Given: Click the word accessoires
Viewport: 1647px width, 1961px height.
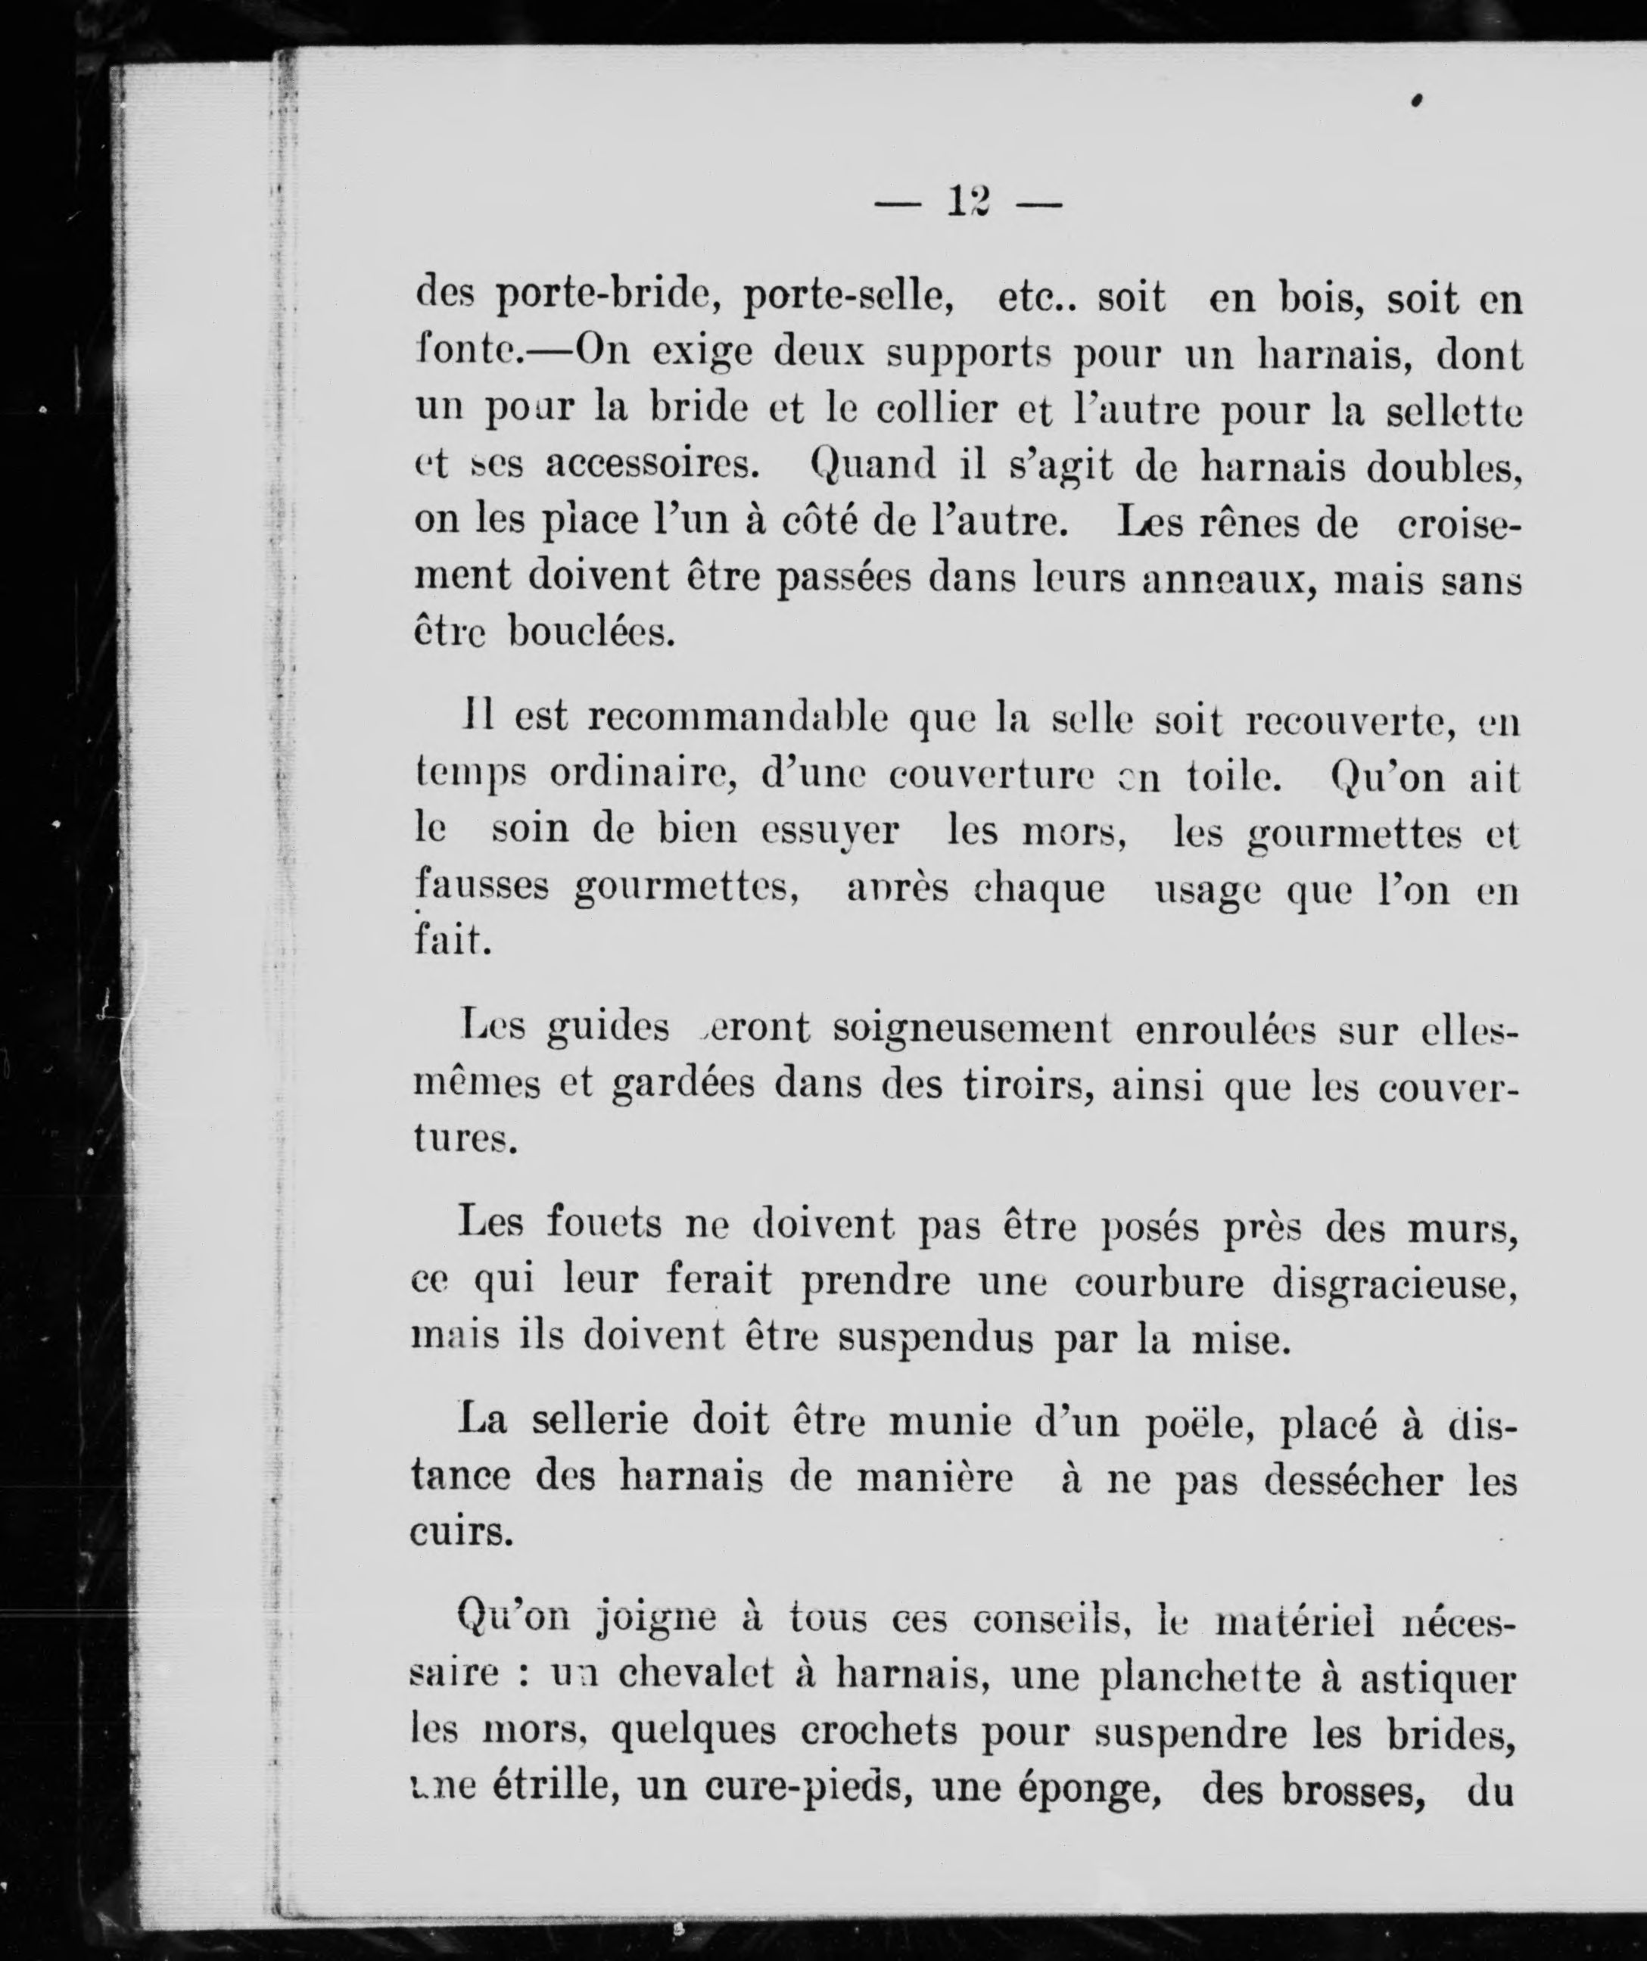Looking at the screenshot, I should (x=652, y=465).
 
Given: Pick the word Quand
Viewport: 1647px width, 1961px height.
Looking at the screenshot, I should (x=872, y=465).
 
